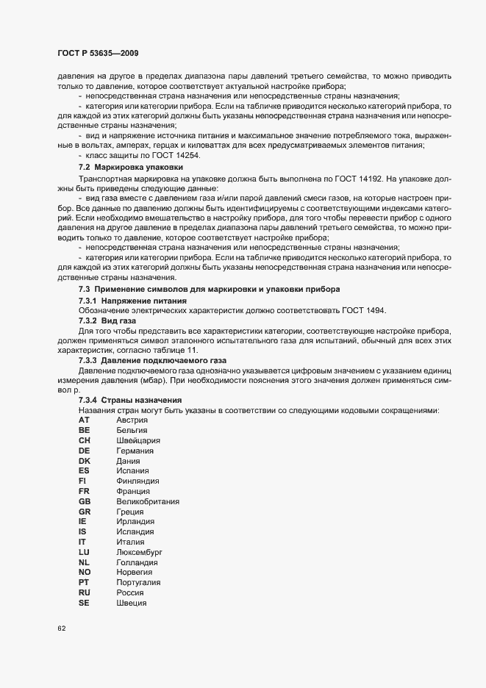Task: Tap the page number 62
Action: tap(62, 628)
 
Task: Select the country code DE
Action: tap(84, 450)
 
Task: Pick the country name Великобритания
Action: tap(148, 501)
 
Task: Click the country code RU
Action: tap(84, 592)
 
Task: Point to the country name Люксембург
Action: tap(138, 551)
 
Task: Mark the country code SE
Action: tap(84, 603)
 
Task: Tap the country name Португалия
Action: tap(139, 582)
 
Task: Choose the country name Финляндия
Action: tap(137, 480)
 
